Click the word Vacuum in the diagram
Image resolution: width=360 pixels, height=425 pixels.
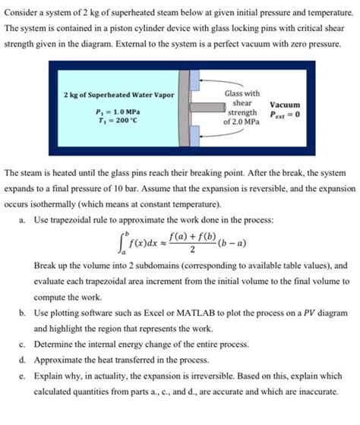(x=284, y=105)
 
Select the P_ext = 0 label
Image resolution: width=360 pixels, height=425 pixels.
(x=284, y=115)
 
